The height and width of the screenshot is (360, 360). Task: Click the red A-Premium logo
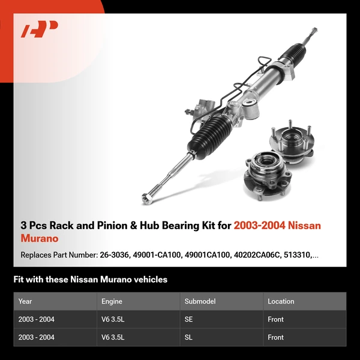coord(40,29)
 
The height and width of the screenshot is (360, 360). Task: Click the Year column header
coord(25,301)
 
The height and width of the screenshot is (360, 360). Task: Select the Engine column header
coord(112,301)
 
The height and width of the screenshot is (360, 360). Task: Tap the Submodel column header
coord(200,301)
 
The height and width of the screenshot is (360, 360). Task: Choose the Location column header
coord(281,301)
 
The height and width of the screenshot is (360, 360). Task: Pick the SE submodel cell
coord(190,319)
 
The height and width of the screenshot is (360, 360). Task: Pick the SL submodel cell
coord(190,337)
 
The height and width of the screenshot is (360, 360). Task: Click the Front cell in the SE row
coord(276,319)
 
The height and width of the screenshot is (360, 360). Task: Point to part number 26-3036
coord(112,255)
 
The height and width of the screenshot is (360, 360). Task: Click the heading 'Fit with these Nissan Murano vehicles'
coord(91,279)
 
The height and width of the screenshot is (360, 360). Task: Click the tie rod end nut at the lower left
coord(146,196)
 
